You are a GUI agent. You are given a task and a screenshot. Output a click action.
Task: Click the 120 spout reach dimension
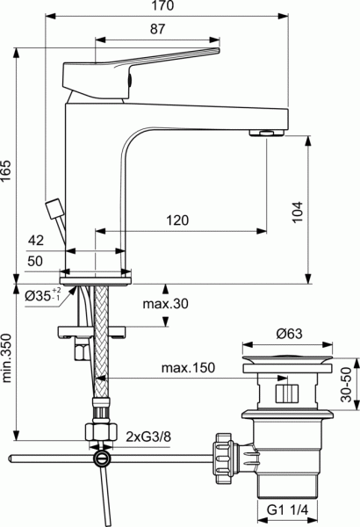coord(179,221)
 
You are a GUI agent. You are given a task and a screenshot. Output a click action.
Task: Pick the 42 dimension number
coord(36,240)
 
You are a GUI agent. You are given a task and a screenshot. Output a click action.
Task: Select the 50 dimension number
coord(36,261)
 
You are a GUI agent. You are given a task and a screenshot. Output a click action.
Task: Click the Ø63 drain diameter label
coord(290,335)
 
